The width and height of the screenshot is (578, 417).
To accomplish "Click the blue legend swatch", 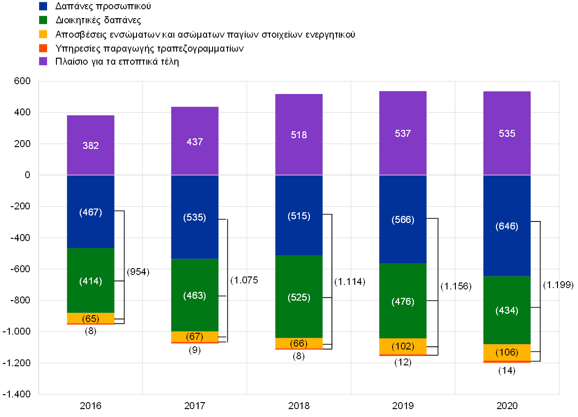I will click(43, 6).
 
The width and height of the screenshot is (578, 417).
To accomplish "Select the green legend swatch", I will click(43, 20).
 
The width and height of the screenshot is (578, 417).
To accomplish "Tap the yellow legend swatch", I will click(43, 34).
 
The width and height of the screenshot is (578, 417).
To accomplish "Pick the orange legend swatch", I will click(43, 48).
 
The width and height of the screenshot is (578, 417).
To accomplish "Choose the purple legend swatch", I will click(43, 61).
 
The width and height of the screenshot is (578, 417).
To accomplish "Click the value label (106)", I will click(507, 352).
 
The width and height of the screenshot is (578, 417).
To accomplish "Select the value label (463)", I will click(195, 296).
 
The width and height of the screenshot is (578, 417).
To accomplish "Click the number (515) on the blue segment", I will click(299, 216).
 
